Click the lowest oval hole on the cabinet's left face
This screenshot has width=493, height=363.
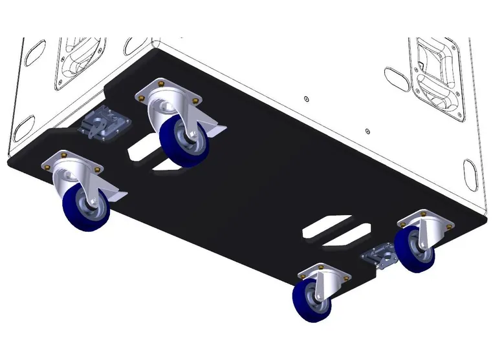tap(26, 123)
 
